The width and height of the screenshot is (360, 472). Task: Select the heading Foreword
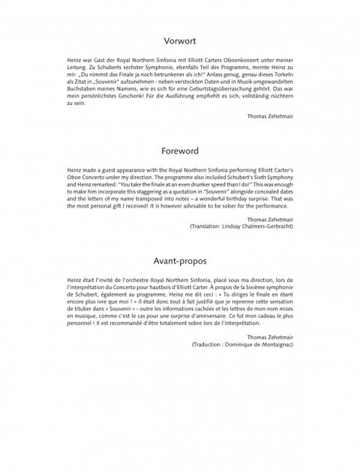click(180, 150)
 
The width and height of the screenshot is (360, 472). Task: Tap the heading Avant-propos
click(180, 261)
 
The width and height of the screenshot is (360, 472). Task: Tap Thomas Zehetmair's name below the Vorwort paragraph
click(271, 116)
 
